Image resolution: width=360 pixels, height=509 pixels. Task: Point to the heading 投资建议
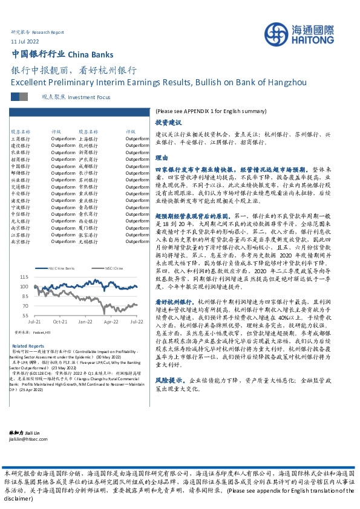[166, 122]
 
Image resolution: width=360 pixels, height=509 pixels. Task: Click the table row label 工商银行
[21, 138]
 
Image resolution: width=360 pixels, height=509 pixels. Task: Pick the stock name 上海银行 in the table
[88, 138]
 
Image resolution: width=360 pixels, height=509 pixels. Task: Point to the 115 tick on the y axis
[24, 277]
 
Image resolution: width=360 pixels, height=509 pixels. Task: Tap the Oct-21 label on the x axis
[60, 322]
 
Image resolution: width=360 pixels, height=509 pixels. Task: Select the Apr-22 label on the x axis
[110, 322]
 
